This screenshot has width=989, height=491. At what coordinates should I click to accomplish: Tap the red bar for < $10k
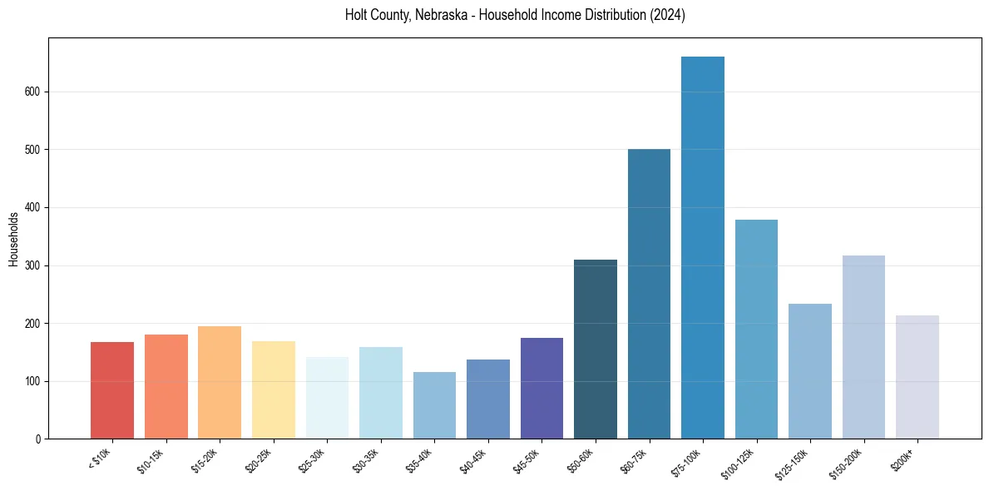click(112, 390)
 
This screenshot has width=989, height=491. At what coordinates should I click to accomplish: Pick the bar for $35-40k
click(434, 405)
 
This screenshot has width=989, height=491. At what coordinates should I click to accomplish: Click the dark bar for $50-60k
click(596, 350)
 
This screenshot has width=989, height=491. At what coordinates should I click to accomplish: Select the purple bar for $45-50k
click(541, 388)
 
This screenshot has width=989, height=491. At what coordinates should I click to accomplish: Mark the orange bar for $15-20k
click(220, 383)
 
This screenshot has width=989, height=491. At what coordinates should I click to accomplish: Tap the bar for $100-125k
click(756, 329)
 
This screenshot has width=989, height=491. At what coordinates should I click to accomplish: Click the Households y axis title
click(14, 239)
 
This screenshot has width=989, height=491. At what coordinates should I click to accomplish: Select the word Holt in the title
click(359, 16)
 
